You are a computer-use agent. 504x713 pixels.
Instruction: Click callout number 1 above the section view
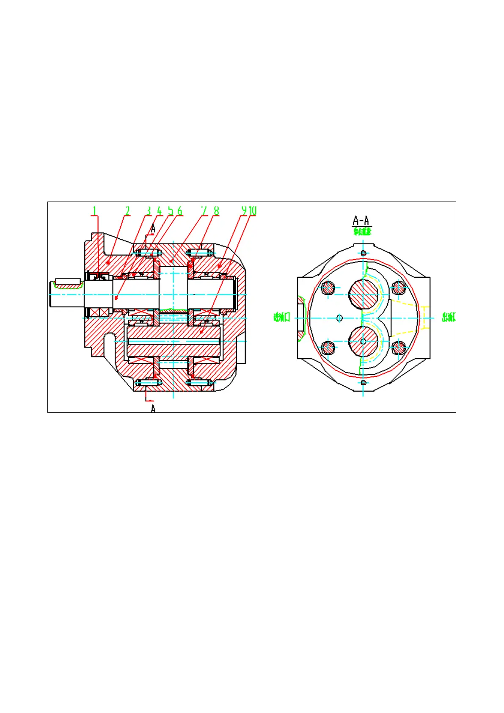coord(94,210)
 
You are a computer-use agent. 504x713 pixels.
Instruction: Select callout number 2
coord(127,210)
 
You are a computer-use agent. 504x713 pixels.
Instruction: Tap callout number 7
coord(204,210)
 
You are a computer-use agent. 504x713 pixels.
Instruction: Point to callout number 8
coord(216,210)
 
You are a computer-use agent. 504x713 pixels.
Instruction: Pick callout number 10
coord(253,210)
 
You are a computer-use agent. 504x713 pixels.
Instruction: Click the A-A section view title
coord(361,221)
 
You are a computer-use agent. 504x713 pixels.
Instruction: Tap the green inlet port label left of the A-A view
coord(281,317)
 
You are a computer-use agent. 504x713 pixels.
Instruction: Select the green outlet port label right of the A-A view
coord(449,317)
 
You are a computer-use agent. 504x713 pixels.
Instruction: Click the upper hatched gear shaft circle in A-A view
coord(363,294)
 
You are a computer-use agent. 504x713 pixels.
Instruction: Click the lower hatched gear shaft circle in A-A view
coord(363,341)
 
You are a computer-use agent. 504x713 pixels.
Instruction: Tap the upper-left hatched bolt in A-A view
coord(328,288)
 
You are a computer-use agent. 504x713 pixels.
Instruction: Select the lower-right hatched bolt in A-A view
coord(398,348)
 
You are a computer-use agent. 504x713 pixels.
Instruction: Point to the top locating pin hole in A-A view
coord(363,253)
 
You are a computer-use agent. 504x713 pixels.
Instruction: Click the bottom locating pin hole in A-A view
coord(363,383)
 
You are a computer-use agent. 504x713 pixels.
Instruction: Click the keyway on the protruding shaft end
coord(68,282)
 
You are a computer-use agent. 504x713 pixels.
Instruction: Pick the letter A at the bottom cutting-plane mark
coord(153,409)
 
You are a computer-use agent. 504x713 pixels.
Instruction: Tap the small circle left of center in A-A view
coord(339,318)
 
